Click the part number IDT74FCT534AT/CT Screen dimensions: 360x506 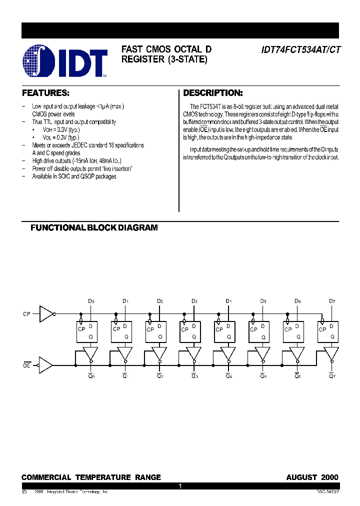pyautogui.click(x=299, y=49)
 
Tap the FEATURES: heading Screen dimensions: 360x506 pyautogui.click(x=45, y=93)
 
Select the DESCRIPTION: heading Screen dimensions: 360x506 pyautogui.click(x=213, y=93)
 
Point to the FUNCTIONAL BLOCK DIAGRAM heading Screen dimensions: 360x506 pyautogui.click(x=94, y=227)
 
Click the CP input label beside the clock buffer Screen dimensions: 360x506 pyautogui.click(x=27, y=314)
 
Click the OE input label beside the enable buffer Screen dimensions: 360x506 pyautogui.click(x=27, y=365)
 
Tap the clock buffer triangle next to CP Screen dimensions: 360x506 pyautogui.click(x=46, y=313)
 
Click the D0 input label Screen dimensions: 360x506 pyautogui.click(x=90, y=301)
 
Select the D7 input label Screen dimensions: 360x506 pyautogui.click(x=331, y=301)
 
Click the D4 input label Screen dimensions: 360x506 pyautogui.click(x=228, y=301)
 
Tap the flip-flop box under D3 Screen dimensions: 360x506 pyautogui.click(x=190, y=331)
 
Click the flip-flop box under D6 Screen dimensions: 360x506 pyautogui.click(x=293, y=331)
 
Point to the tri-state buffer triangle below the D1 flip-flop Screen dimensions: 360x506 pyautogui.click(x=125, y=353)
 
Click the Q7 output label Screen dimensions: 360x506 pyautogui.click(x=331, y=376)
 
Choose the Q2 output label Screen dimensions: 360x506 pyautogui.click(x=159, y=376)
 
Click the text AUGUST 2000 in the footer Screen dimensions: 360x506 pyautogui.click(x=312, y=477)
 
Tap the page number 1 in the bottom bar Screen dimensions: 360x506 pyautogui.click(x=180, y=486)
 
